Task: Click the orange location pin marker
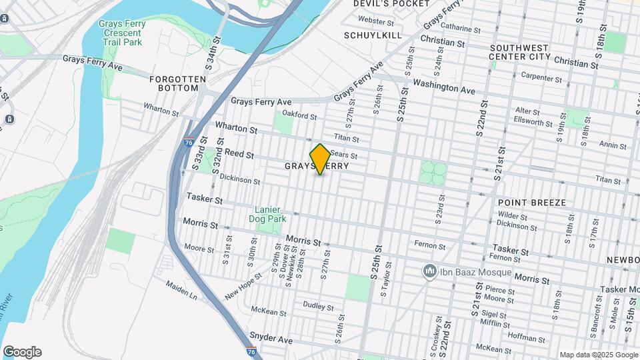320,159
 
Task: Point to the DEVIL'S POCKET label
382,4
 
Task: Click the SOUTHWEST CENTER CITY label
520,52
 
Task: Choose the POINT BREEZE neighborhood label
532,202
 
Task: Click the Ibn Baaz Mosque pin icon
429,271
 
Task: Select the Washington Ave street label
443,87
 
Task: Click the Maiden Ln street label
182,289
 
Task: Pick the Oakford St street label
299,115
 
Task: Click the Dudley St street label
318,307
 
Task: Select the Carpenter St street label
541,78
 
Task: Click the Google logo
22,352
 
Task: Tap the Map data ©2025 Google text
598,355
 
